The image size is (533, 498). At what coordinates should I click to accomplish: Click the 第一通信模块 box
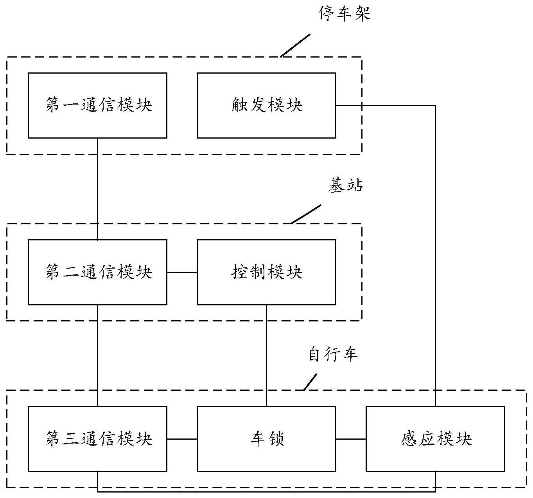[97, 105]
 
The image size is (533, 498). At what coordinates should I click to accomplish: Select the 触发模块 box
[266, 105]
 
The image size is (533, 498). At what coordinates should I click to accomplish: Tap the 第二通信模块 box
[97, 272]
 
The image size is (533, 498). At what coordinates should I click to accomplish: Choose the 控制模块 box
[266, 272]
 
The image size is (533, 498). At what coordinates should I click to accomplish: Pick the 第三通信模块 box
[97, 439]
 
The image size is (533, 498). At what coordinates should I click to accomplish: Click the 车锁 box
[266, 439]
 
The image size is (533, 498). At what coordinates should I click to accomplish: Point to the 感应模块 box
[435, 439]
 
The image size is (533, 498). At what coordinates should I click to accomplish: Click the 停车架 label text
[345, 14]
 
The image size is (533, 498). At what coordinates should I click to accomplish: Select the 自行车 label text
[333, 355]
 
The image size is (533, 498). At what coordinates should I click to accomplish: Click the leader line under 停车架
[295, 45]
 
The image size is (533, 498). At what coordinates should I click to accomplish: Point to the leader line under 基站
[306, 214]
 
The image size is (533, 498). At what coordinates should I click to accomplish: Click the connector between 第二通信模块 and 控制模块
[182, 272]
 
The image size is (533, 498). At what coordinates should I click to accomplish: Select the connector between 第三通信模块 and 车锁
[182, 439]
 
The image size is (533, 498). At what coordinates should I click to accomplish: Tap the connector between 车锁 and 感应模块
[351, 439]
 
